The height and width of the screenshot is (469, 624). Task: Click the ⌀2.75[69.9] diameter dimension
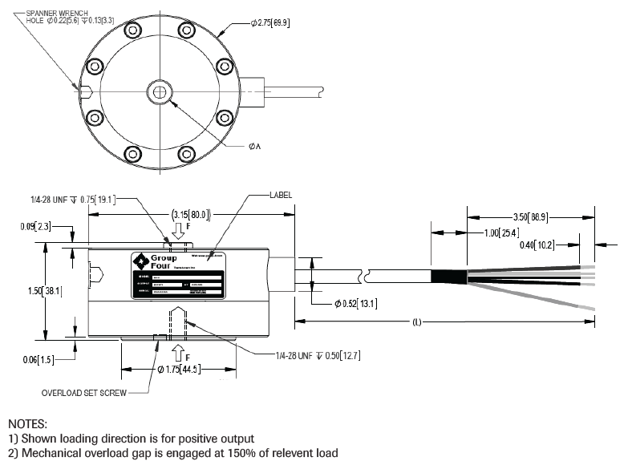tap(270, 23)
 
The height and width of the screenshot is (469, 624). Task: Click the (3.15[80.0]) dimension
tap(190, 214)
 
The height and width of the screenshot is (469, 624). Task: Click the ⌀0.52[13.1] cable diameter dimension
tap(355, 304)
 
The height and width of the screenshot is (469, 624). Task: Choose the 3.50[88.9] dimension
tap(534, 216)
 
